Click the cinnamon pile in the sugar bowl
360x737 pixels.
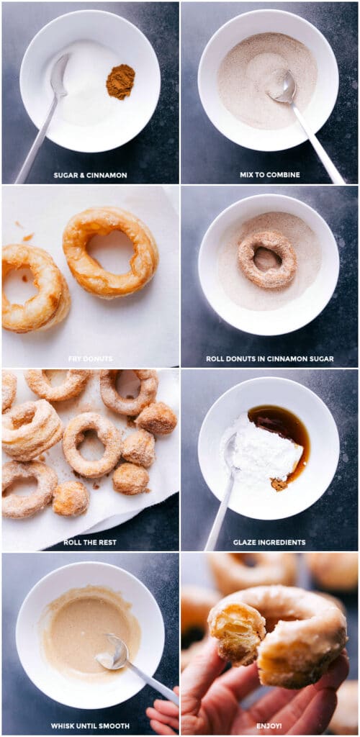[x=120, y=81]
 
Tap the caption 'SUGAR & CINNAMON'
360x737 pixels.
[x=90, y=175]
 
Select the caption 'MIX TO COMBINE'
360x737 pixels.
[x=269, y=175]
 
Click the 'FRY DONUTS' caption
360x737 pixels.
[x=90, y=358]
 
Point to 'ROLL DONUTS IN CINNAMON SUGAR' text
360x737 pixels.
[x=269, y=358]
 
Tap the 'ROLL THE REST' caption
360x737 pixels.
[x=90, y=542]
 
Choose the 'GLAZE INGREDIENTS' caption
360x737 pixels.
[x=269, y=542]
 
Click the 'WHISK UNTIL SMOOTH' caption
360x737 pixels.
[x=90, y=725]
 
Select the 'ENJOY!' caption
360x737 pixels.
[x=269, y=725]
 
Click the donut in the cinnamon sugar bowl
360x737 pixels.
[x=267, y=259]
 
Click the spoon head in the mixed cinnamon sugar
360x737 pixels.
[x=283, y=88]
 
